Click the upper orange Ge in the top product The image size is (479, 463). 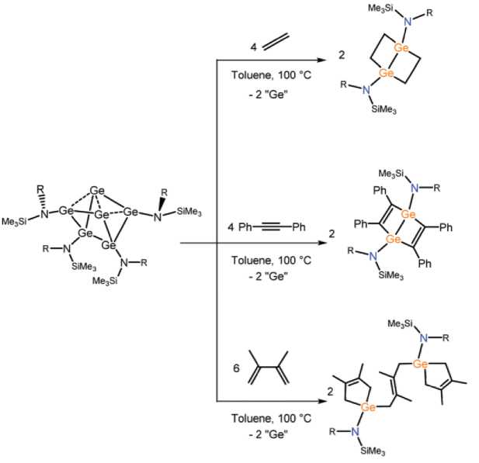(401, 49)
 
